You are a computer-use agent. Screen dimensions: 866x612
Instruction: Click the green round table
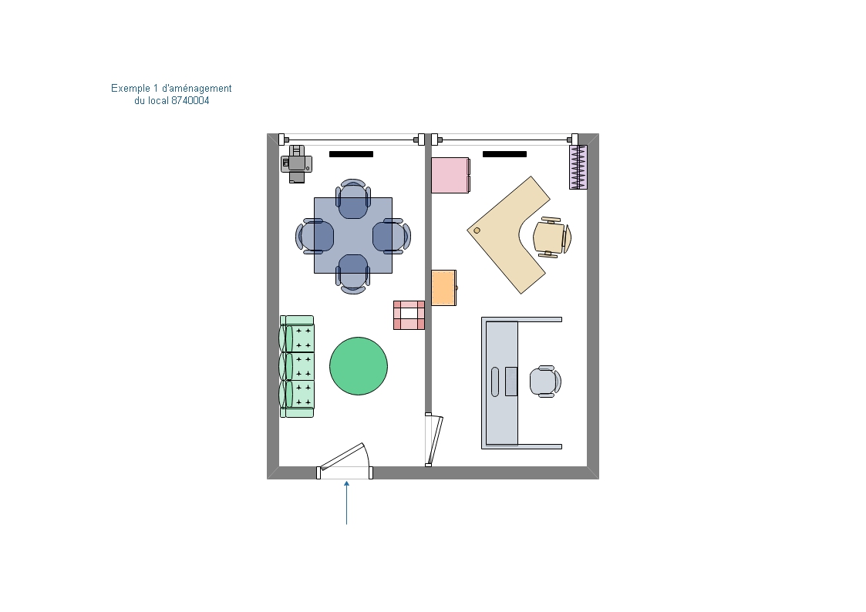click(359, 366)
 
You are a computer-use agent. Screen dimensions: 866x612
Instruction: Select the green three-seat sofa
click(297, 366)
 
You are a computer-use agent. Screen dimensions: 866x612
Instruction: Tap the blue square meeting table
click(353, 236)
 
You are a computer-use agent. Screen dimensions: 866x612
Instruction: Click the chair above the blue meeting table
click(353, 199)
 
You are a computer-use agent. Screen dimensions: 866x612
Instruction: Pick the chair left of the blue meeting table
click(315, 236)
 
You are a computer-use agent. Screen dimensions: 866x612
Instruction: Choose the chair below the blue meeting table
click(353, 274)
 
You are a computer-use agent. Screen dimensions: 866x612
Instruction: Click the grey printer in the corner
click(297, 164)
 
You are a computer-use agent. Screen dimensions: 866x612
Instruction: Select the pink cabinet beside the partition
click(450, 176)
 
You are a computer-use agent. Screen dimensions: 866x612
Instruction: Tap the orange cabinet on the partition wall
click(444, 288)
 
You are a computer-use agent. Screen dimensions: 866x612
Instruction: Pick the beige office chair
click(551, 237)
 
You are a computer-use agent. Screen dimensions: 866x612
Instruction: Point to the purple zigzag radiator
click(578, 167)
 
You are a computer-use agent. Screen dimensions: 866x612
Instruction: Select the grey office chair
click(545, 382)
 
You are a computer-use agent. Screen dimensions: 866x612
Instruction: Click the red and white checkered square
click(409, 315)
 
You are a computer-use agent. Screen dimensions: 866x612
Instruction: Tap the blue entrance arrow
click(347, 503)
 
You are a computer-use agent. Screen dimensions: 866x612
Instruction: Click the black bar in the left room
click(352, 154)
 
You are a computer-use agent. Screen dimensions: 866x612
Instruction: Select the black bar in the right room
click(505, 154)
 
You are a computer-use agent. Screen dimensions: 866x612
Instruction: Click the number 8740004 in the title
click(190, 101)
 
